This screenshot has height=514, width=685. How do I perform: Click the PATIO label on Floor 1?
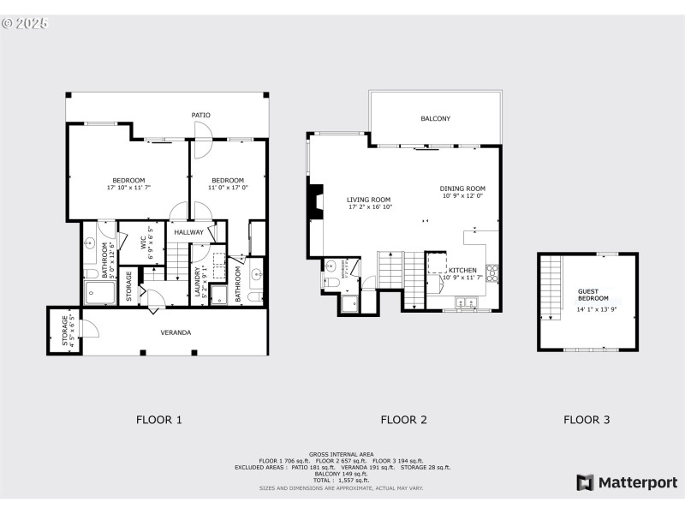[201, 115]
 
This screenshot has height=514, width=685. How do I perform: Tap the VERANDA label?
[176, 332]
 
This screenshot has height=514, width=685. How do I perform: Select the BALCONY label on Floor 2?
[435, 118]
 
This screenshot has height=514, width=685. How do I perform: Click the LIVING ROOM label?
[369, 200]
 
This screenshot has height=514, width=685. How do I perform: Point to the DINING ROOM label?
[462, 188]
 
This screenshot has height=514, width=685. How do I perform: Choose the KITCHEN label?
[462, 270]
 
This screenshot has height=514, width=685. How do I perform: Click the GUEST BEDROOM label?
[593, 294]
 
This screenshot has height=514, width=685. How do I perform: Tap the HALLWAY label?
[188, 232]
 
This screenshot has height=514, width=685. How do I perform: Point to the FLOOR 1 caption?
[159, 420]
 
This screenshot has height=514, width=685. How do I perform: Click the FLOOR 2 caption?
[403, 420]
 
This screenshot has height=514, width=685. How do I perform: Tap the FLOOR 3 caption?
[587, 420]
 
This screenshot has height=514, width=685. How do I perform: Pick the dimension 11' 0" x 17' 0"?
[229, 188]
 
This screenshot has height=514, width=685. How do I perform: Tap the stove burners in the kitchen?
[492, 273]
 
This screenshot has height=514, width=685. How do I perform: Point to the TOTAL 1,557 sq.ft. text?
[342, 480]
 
